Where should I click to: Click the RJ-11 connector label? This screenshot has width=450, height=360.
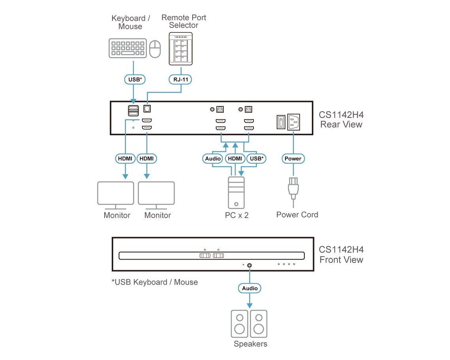coord(180,79)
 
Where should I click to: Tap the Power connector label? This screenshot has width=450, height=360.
coord(293,159)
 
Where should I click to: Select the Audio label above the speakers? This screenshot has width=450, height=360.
coord(250,288)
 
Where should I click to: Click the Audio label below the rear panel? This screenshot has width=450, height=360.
coord(213,159)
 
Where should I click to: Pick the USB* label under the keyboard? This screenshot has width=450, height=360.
coord(135,79)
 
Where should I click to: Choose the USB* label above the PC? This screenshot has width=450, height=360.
coord(256,159)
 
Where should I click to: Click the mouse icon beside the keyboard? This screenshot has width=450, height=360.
coord(155,49)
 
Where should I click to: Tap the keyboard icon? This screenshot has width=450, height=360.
coord(128,48)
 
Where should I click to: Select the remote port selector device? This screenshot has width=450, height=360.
coord(181,49)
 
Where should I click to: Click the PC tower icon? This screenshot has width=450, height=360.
coord(236,192)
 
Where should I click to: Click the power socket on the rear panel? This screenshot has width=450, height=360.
coord(294,122)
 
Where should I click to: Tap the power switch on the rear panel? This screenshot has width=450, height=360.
coord(281,122)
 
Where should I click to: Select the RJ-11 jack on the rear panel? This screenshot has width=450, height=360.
coord(147,108)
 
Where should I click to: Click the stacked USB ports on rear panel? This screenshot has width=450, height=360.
coord(133,111)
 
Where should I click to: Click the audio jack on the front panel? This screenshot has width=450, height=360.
coord(249,265)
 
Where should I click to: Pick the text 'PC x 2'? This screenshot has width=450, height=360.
coord(237,215)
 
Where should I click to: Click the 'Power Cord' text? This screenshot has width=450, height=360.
coord(297,215)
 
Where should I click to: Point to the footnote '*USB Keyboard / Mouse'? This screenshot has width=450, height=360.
coord(155,282)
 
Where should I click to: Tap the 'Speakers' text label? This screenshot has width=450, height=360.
coord(250,344)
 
